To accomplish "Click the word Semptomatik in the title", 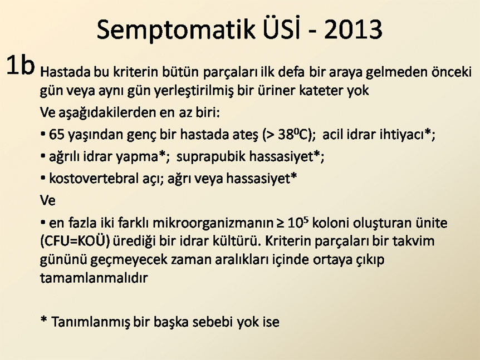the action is [176, 29].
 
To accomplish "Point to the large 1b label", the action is [20, 65].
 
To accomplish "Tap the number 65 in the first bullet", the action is [57, 135].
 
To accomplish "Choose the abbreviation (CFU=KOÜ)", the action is [75, 241].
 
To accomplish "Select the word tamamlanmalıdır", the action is [94, 278].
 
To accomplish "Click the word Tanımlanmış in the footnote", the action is [91, 322].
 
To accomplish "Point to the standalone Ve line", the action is [48, 201].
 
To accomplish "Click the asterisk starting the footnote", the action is [44, 319].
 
